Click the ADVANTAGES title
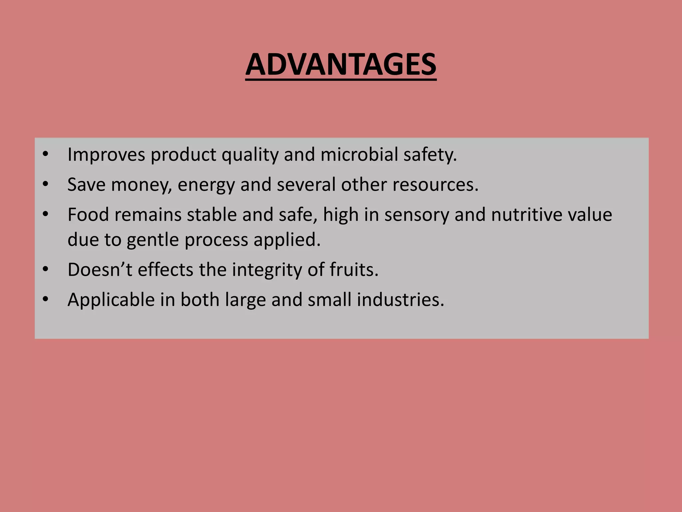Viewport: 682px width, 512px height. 341,64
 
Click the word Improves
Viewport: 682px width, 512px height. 106,155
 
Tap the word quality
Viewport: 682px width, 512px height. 250,155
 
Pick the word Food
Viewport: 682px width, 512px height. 88,214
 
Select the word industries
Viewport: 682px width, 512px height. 401,299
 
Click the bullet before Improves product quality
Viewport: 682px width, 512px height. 46,155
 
